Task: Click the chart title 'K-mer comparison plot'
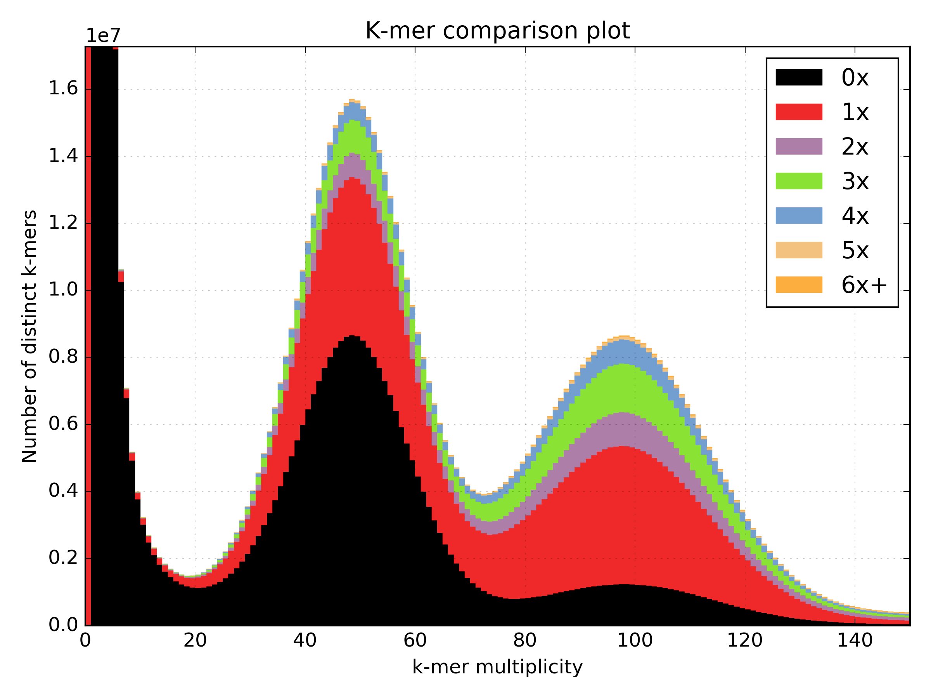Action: [497, 31]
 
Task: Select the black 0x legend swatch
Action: [798, 78]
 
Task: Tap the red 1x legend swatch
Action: [798, 112]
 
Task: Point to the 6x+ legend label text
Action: [864, 285]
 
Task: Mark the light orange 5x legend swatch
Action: [798, 250]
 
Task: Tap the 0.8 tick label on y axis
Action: [63, 356]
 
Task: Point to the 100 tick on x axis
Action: [635, 640]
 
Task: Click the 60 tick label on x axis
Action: [415, 640]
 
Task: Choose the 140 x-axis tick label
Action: [855, 640]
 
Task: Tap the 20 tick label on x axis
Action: [195, 640]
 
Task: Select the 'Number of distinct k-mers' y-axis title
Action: [29, 336]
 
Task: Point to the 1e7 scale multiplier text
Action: [103, 36]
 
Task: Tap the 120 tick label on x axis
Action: [744, 640]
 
